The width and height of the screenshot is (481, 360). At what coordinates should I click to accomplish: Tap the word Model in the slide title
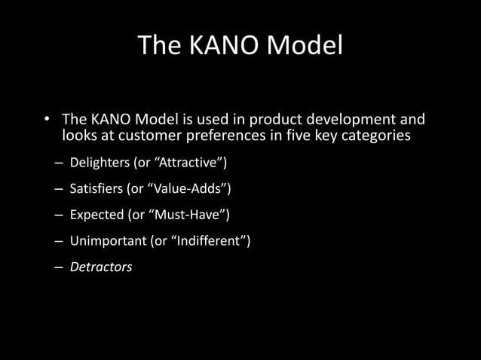(x=305, y=46)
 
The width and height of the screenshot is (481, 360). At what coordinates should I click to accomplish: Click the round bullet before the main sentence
(x=46, y=121)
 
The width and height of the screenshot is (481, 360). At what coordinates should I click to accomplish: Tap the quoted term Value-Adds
(x=181, y=189)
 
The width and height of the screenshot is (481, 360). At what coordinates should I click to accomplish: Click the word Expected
(x=97, y=215)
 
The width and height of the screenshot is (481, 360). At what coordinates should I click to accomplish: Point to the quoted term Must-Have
(x=187, y=215)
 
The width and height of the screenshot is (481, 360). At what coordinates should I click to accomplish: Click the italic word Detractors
(x=101, y=267)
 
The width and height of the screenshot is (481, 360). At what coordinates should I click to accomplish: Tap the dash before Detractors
(x=59, y=267)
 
